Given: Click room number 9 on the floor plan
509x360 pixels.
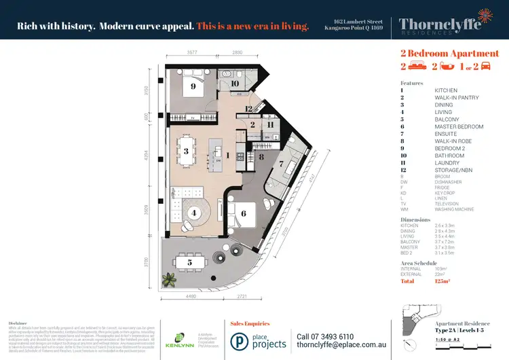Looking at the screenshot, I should (193, 87).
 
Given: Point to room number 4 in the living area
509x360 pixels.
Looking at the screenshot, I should (194, 213).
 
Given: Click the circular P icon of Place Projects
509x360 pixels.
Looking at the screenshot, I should (236, 342).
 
